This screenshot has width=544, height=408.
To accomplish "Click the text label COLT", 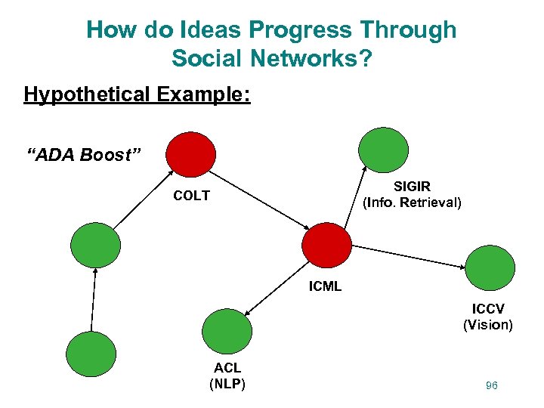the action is click(191, 196).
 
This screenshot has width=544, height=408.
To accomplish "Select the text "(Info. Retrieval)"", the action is click(412, 202).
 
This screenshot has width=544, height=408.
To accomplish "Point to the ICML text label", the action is click(325, 286).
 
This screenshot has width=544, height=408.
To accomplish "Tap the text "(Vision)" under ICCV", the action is click(487, 325).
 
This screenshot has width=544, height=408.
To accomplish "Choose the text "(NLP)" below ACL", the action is click(227, 383).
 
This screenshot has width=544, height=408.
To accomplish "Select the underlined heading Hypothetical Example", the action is click(137, 94).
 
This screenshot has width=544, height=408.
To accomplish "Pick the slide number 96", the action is click(492, 385).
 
